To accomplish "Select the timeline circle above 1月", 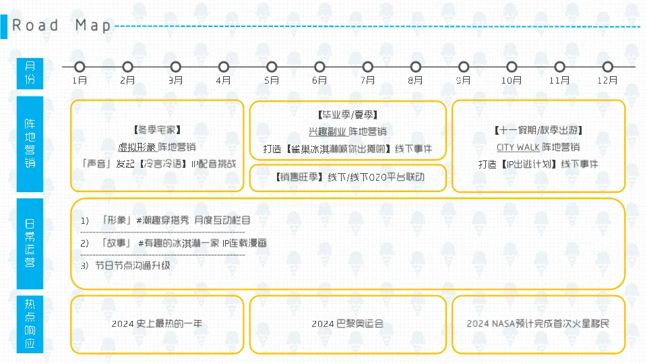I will point(80,67).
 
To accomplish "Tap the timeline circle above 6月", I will point(319,67).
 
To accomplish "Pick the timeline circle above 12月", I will point(608,67).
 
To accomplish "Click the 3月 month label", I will point(176,80).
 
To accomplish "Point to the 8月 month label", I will point(416,80).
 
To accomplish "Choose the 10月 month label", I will point(512,80).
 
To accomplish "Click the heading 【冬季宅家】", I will point(157,129).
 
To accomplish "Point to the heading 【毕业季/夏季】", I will point(347,115).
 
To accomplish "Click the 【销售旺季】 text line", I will point(348,177).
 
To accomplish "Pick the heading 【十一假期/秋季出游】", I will point(538,130).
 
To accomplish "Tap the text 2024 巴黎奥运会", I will point(347,324).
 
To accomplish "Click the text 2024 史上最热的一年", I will point(157,324).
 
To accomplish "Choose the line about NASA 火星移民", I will point(538,324).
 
